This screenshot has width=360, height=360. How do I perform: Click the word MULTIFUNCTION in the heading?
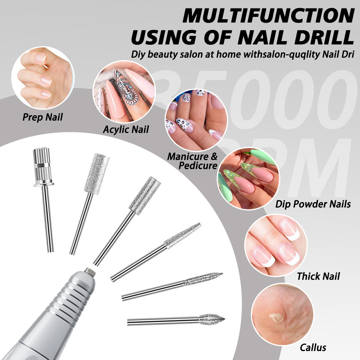268,16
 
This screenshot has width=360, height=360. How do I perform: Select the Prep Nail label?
43,117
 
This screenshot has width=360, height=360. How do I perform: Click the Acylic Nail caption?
126,130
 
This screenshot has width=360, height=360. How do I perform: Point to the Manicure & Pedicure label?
192,161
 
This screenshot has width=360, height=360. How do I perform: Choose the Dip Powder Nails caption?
313,204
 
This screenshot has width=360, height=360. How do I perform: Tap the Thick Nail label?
318,276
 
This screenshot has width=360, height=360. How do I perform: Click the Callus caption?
313,347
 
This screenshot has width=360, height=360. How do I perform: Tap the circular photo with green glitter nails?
248,178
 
